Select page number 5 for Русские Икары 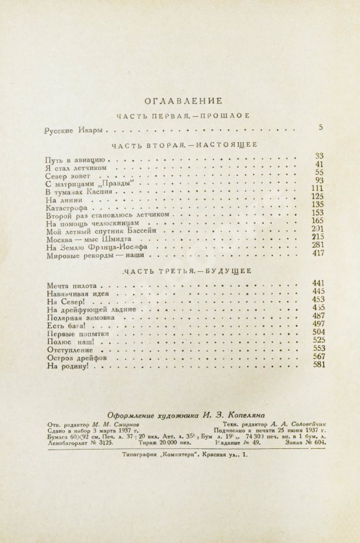coord(320,128)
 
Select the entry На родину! coord(71,367)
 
